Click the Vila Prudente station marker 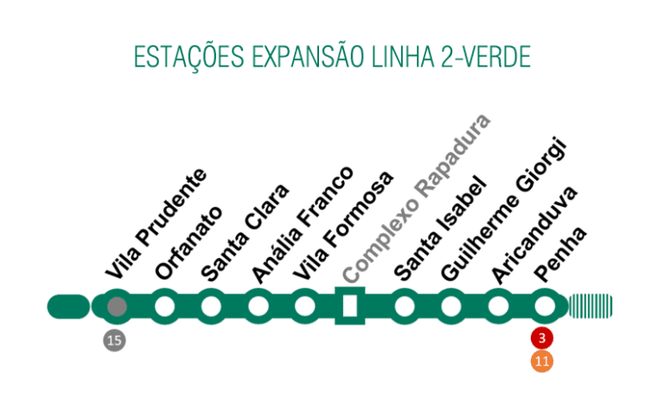pyautogui.click(x=117, y=306)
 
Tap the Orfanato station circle pyautogui.click(x=164, y=306)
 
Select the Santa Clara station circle pyautogui.click(x=211, y=306)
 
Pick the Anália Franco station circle pyautogui.click(x=258, y=306)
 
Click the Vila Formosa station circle pyautogui.click(x=304, y=306)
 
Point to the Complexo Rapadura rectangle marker pyautogui.click(x=350, y=306)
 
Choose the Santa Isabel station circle pyautogui.click(x=404, y=306)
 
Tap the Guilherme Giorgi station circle pyautogui.click(x=450, y=306)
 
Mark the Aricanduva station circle pyautogui.click(x=498, y=306)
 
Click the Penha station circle pyautogui.click(x=544, y=306)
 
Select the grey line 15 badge pyautogui.click(x=114, y=340)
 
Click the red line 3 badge pyautogui.click(x=543, y=338)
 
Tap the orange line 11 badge pyautogui.click(x=543, y=361)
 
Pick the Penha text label pyautogui.click(x=560, y=253)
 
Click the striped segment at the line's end pyautogui.click(x=591, y=306)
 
